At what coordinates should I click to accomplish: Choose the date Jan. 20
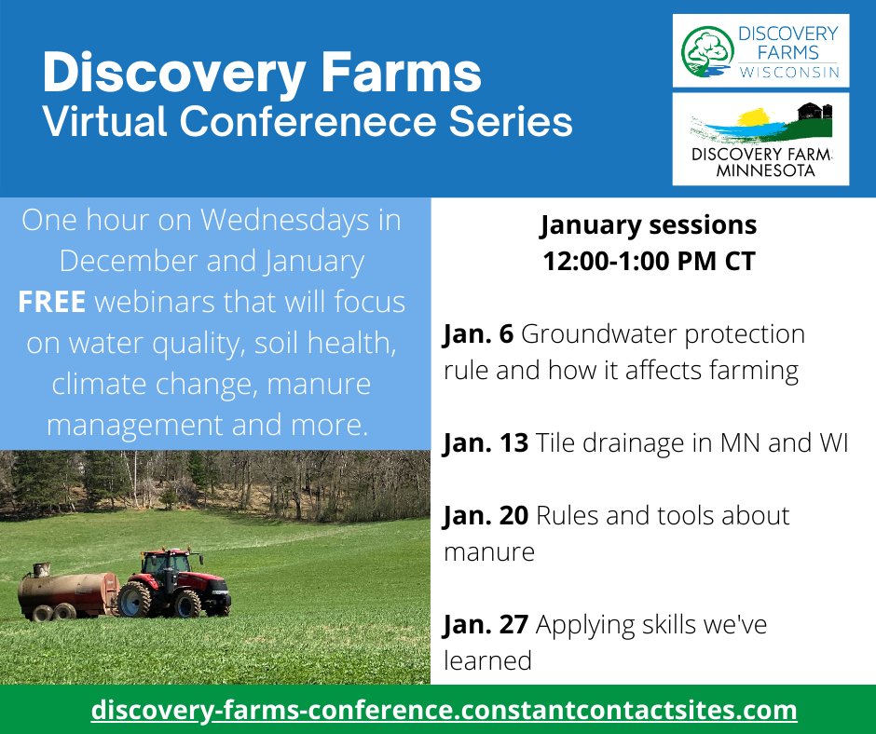tap(485, 515)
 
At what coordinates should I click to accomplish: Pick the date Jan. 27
tap(485, 624)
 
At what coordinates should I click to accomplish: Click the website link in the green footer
tap(444, 710)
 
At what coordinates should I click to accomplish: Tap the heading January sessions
tap(649, 225)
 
